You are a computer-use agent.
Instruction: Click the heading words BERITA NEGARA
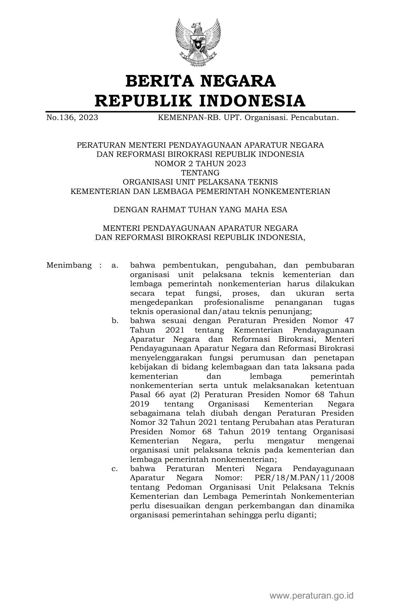tap(200, 81)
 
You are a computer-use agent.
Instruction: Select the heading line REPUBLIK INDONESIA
tap(200, 101)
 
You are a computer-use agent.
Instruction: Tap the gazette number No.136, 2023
tap(72, 118)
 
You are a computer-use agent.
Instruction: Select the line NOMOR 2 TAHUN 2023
tap(200, 164)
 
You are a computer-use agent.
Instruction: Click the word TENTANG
tap(200, 173)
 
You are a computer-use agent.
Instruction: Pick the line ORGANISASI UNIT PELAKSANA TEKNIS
tap(200, 182)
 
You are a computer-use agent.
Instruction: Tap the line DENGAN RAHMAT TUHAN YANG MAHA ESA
tap(200, 210)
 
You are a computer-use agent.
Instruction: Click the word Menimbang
tap(69, 265)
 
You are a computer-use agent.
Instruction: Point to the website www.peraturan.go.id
tap(312, 596)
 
